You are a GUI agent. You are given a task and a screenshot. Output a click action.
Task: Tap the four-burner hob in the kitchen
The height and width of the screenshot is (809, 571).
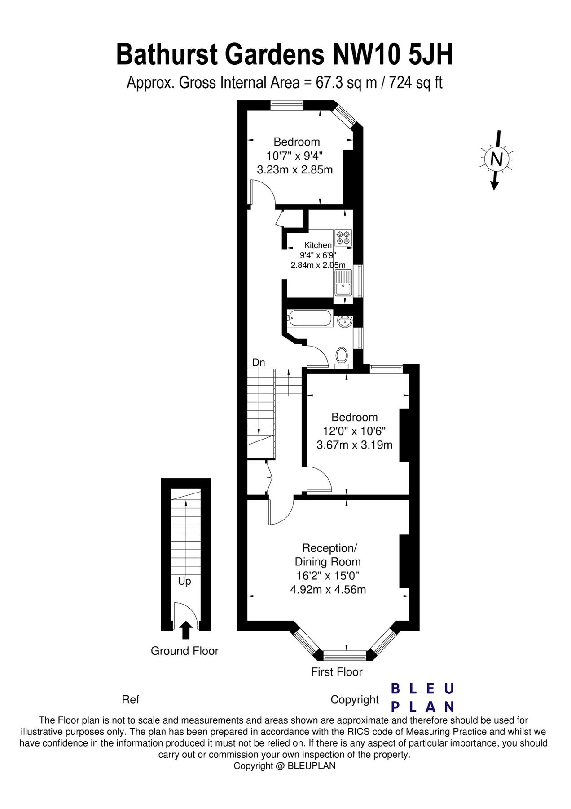tap(343, 237)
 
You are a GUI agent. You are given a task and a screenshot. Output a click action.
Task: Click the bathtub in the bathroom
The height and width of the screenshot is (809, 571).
tap(310, 319)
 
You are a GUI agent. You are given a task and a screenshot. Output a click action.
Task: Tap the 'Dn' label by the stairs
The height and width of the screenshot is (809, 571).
tap(259, 362)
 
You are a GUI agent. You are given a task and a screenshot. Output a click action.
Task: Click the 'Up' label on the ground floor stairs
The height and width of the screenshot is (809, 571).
tap(184, 582)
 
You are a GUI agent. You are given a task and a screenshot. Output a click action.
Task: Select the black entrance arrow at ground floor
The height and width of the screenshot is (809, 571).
tap(186, 630)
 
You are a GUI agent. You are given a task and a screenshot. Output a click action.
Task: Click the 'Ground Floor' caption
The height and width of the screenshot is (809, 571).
tap(184, 651)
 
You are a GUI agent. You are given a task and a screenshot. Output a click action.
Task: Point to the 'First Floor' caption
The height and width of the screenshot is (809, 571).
tap(337, 672)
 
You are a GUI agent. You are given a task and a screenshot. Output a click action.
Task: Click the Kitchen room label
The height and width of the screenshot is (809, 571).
tap(318, 245)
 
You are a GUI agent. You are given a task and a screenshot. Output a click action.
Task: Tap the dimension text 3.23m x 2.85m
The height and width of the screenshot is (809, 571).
tap(295, 170)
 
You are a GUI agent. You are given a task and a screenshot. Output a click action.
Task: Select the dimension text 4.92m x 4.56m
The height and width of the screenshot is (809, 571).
tap(328, 589)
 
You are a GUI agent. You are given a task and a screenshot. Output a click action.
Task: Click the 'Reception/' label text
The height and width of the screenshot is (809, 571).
tap(329, 548)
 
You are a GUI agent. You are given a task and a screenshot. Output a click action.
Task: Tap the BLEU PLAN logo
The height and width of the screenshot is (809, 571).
tap(422, 698)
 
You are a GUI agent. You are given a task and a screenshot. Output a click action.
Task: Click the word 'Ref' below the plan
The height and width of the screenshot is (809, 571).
tap(131, 700)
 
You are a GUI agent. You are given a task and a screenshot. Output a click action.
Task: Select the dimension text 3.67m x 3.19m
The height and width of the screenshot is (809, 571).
tap(355, 445)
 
